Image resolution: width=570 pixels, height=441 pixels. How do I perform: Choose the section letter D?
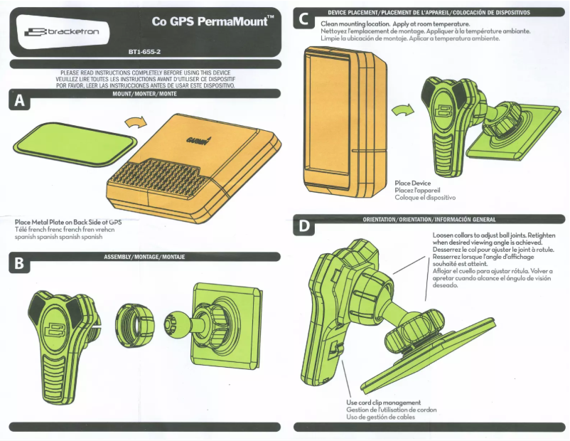[x=303, y=227]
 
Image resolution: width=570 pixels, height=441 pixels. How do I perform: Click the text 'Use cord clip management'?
[x=383, y=403]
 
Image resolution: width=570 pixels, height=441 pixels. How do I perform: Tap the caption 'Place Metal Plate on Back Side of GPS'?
[x=68, y=222]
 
